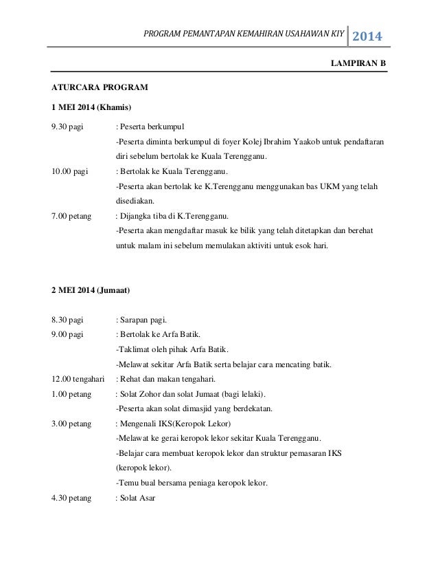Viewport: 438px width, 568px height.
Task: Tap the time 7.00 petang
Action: point(71,216)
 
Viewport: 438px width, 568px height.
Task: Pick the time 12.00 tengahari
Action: point(78,379)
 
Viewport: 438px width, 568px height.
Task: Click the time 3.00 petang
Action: point(71,424)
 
